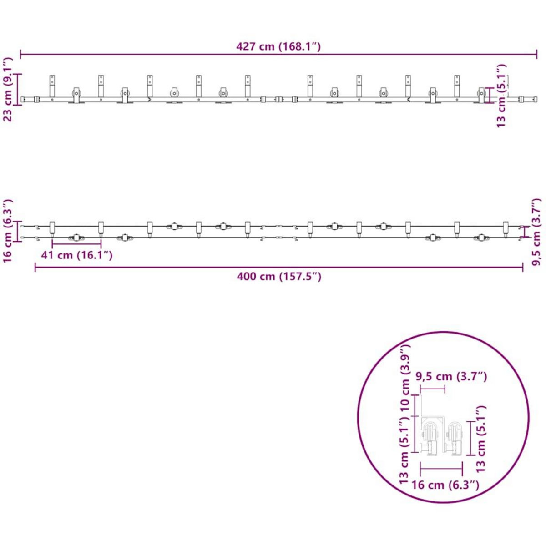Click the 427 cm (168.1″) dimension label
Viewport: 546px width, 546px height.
278,46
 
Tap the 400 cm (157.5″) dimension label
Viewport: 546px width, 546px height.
279,276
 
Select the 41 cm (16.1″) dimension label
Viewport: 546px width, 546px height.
77,255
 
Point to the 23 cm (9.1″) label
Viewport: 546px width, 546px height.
8,89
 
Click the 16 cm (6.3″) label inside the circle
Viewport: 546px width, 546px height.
445,485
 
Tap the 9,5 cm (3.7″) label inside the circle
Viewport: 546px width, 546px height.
451,377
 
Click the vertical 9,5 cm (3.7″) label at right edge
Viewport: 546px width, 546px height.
536,232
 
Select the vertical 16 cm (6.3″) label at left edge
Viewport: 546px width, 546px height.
8,231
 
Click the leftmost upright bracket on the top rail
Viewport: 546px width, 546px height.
52,86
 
